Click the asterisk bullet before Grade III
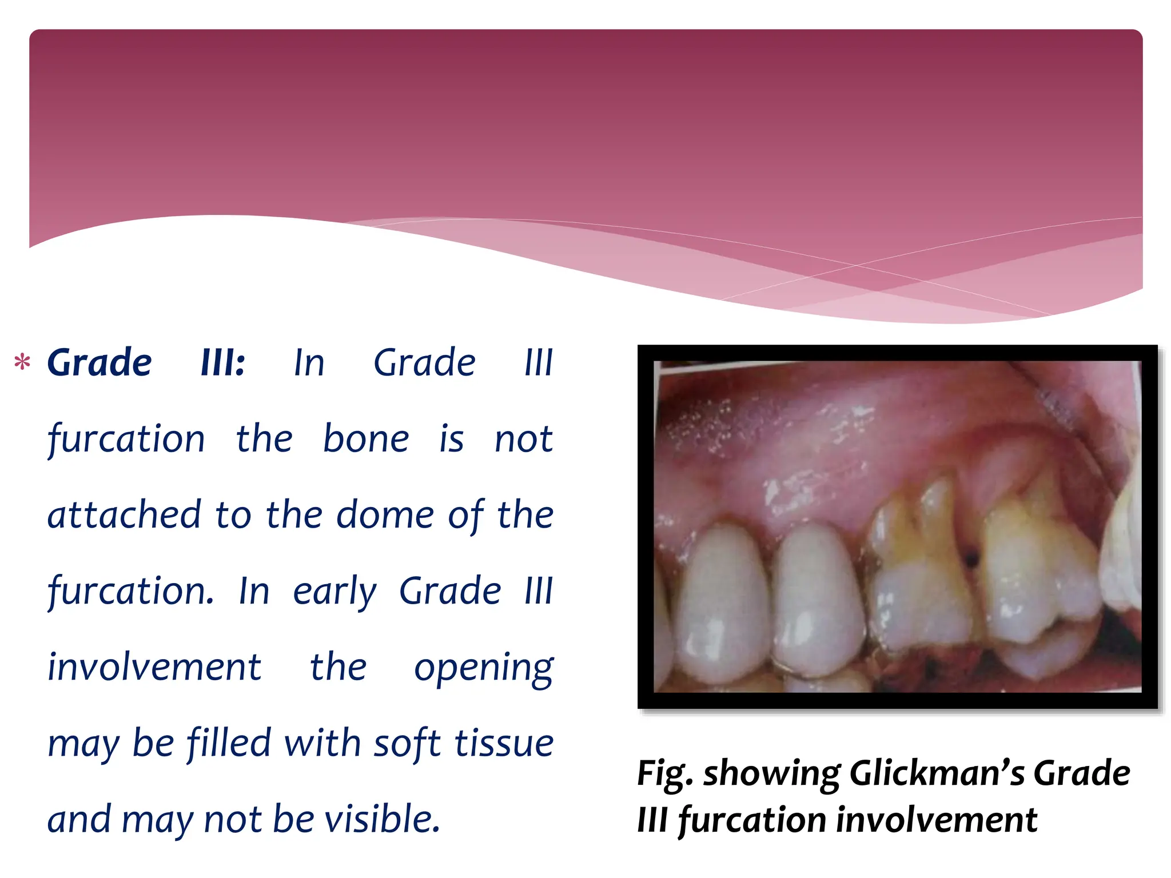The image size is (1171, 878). tap(22, 362)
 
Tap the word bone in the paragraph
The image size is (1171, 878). tap(366, 439)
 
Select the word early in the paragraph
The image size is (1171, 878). tap(334, 591)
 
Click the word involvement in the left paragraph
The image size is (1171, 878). tap(154, 667)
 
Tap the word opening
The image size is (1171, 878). tap(484, 667)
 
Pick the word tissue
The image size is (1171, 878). tap(504, 743)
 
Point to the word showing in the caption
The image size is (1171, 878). tap(771, 773)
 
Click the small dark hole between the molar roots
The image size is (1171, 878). tap(970, 554)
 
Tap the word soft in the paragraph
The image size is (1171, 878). tap(407, 743)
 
